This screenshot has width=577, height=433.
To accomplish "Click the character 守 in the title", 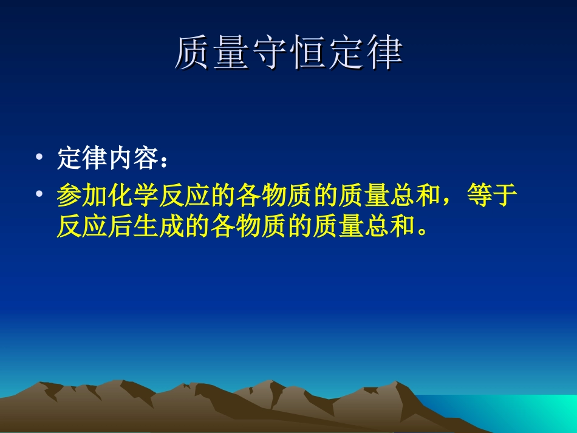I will coord(269,53).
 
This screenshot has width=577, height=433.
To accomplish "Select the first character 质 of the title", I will coord(193,53).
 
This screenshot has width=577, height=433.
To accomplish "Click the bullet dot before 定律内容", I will coord(39,157).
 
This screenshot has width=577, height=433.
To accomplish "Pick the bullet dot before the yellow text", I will coord(39,194).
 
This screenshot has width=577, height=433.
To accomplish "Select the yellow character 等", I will coord(479,196).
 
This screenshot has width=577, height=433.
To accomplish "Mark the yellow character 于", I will coord(504,196).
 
